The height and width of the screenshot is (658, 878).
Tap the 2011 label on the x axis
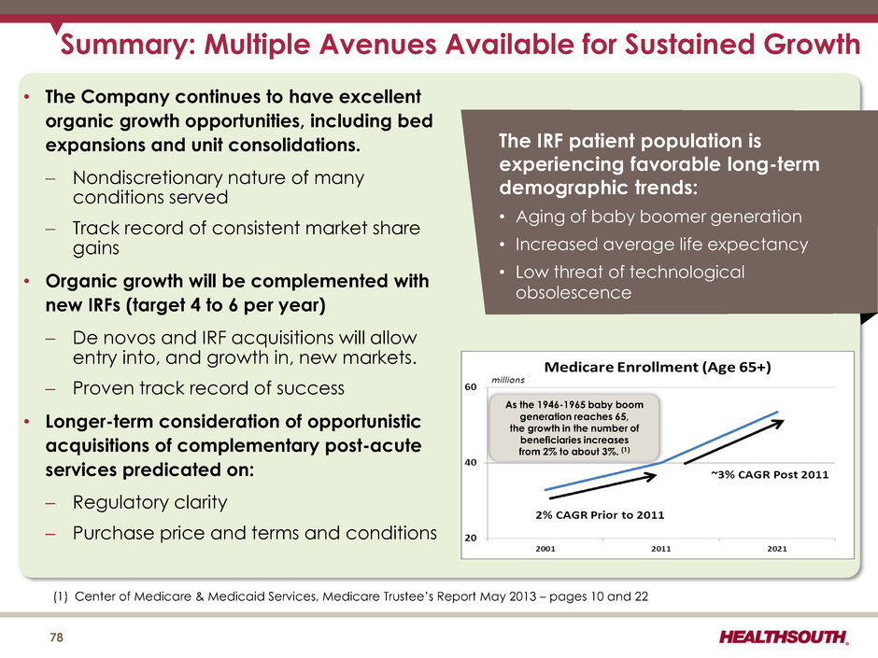click(660, 549)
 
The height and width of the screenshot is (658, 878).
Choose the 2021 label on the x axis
click(776, 549)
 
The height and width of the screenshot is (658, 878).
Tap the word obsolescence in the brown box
click(573, 292)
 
